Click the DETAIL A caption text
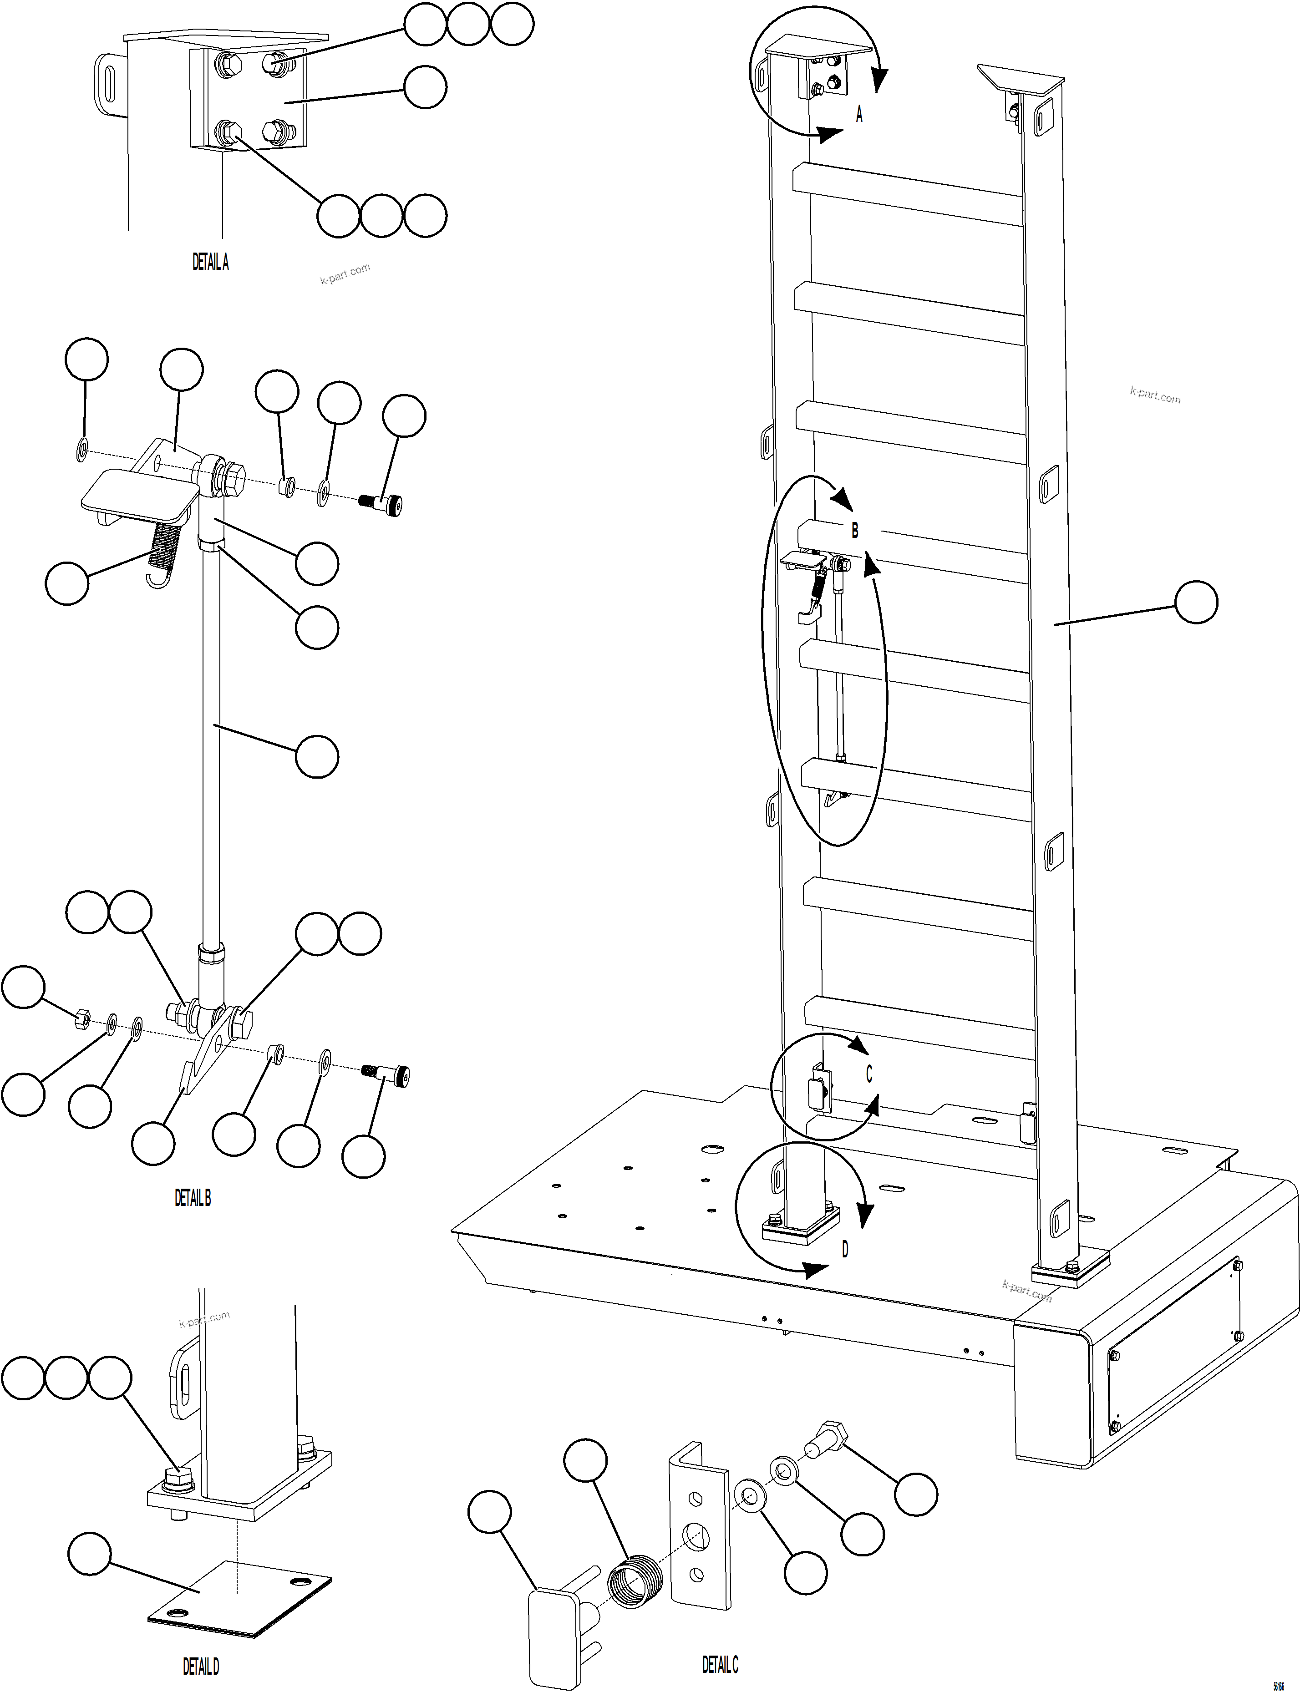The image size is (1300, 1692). coord(210,262)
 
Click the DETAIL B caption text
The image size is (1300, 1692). coord(192,1198)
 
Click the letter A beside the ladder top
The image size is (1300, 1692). coord(859,115)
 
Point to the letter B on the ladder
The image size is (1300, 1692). coord(854,531)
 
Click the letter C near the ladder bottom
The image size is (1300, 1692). coord(869,1074)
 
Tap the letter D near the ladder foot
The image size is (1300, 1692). coord(845,1249)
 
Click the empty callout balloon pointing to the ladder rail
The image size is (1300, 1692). coord(1195,603)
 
